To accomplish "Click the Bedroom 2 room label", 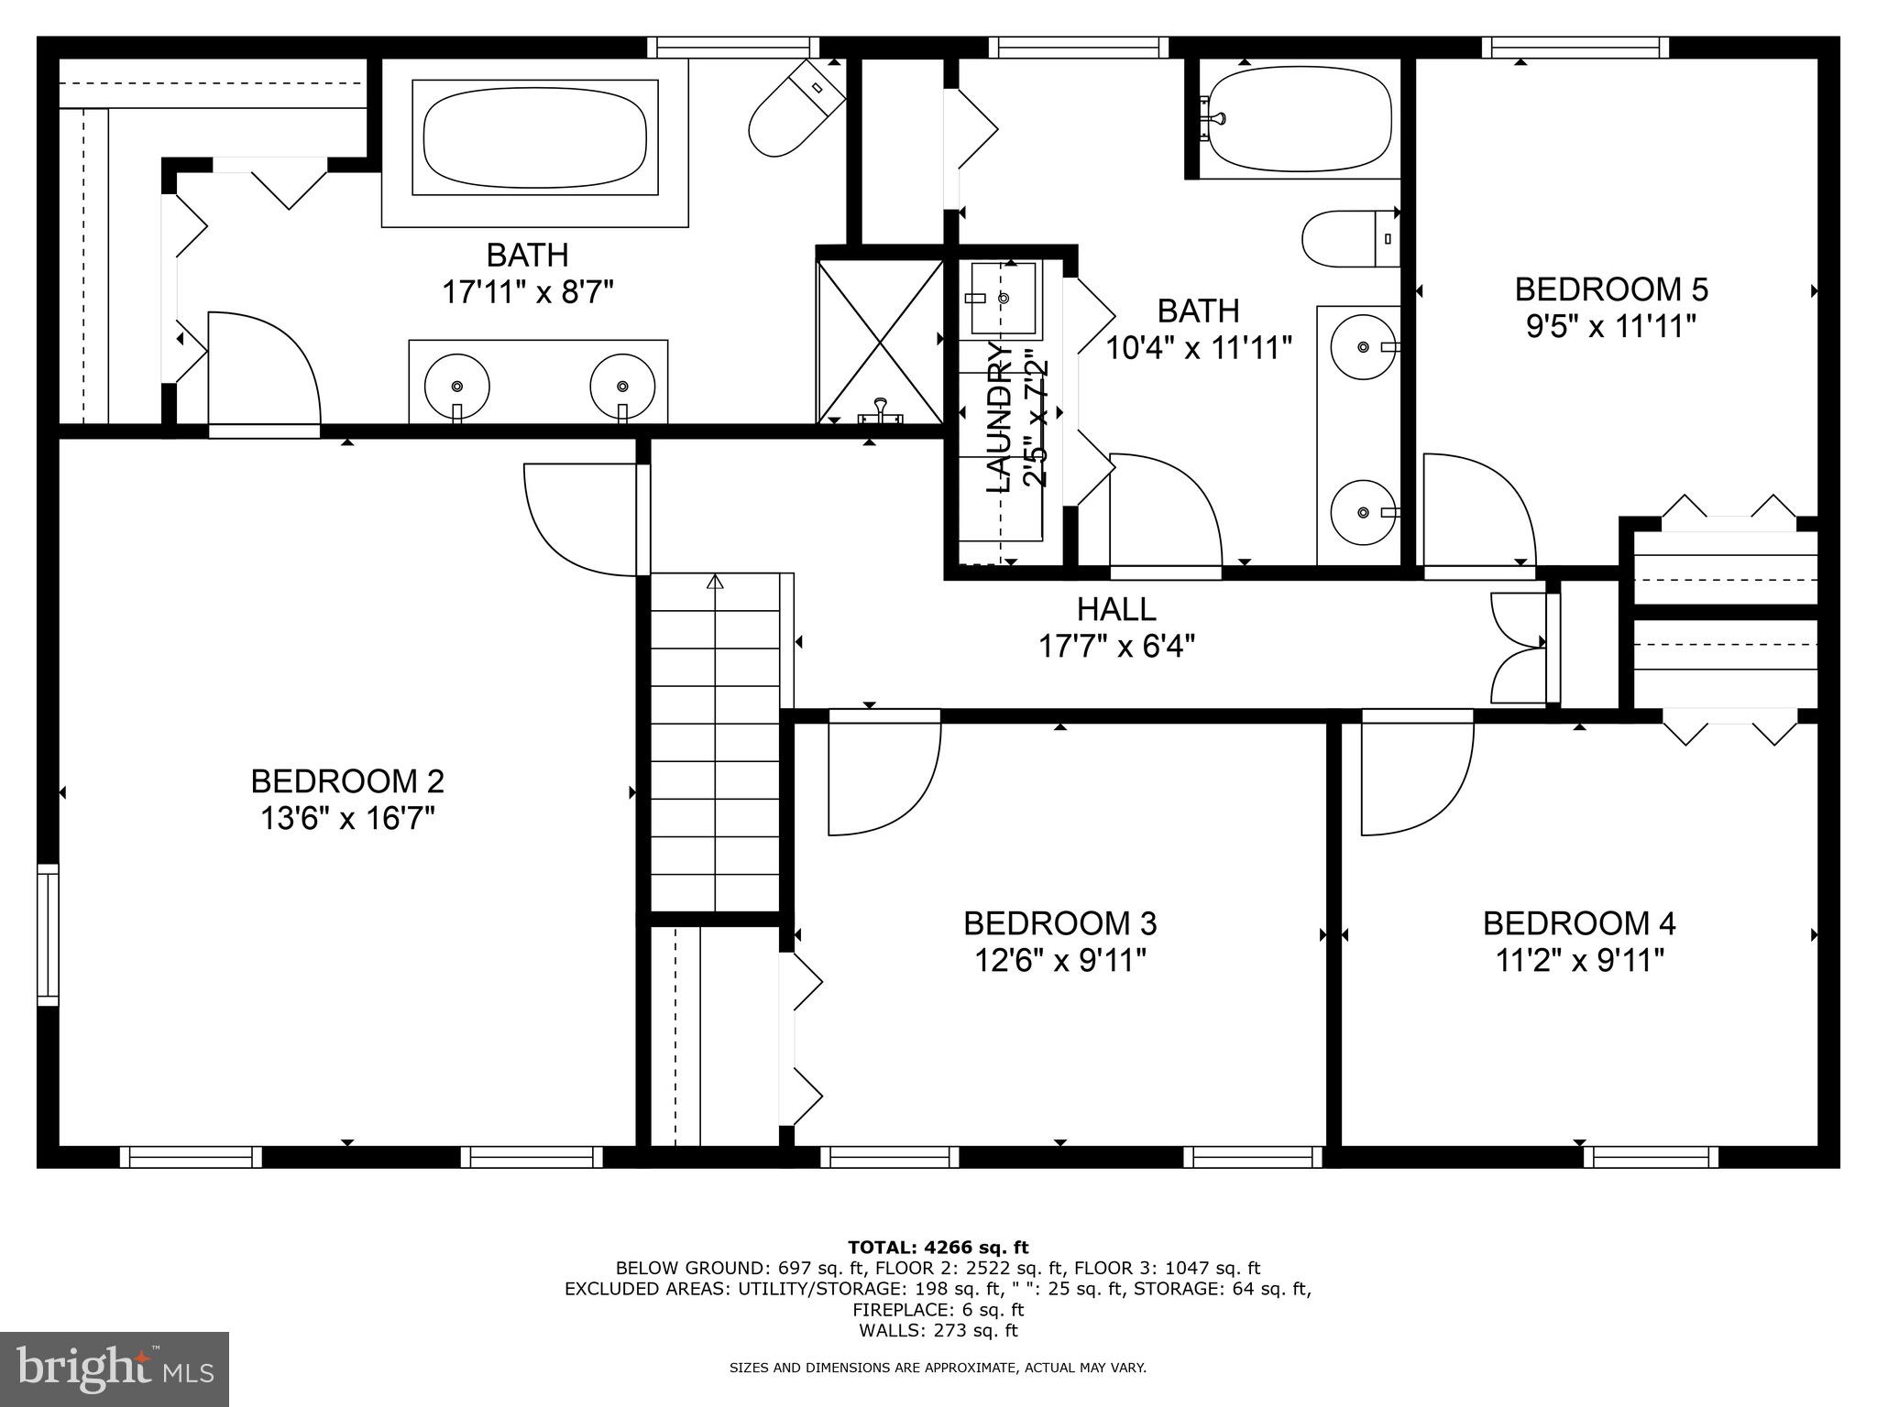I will click(347, 781).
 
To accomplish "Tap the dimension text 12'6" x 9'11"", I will click(1059, 961).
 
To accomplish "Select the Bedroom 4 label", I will click(1579, 923).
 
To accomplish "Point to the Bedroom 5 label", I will click(1610, 289).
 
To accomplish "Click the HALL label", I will click(1115, 609).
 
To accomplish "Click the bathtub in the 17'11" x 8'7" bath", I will click(534, 137).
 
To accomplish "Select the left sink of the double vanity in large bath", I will click(457, 387).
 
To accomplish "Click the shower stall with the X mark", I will click(879, 342).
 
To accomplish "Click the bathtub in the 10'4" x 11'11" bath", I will click(1300, 120).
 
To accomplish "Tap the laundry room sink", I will click(1003, 298).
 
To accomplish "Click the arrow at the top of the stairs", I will click(715, 582).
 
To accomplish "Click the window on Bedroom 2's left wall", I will click(48, 934).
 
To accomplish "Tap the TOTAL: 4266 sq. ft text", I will click(938, 1248).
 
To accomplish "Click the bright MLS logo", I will click(115, 1369).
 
